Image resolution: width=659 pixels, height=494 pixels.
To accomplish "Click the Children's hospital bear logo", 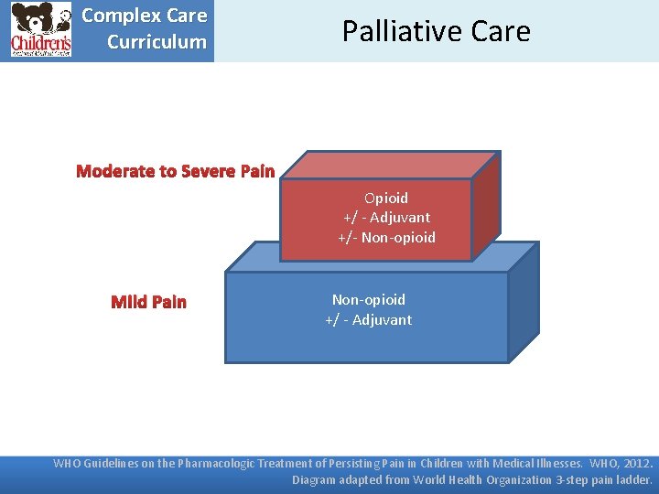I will pos(40,30).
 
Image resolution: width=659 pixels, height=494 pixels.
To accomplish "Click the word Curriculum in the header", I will pos(157,42).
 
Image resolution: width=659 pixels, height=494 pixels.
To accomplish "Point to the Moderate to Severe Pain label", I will pos(175,171).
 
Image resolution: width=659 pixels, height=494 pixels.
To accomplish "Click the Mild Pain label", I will pos(148,302).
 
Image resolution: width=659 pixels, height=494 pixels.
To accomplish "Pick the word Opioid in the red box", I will pos(386,198).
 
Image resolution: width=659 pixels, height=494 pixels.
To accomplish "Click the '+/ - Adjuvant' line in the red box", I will pos(386,218).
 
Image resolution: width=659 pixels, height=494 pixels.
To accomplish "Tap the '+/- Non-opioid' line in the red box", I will pos(386,238).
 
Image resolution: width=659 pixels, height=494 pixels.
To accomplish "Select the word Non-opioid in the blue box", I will pos(368,299).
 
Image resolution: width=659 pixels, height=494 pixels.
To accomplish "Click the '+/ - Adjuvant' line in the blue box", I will pos(368,319).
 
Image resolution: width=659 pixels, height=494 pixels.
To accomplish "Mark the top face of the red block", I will pos(389,165).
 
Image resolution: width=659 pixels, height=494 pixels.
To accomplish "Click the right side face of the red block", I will pos(485,206).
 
